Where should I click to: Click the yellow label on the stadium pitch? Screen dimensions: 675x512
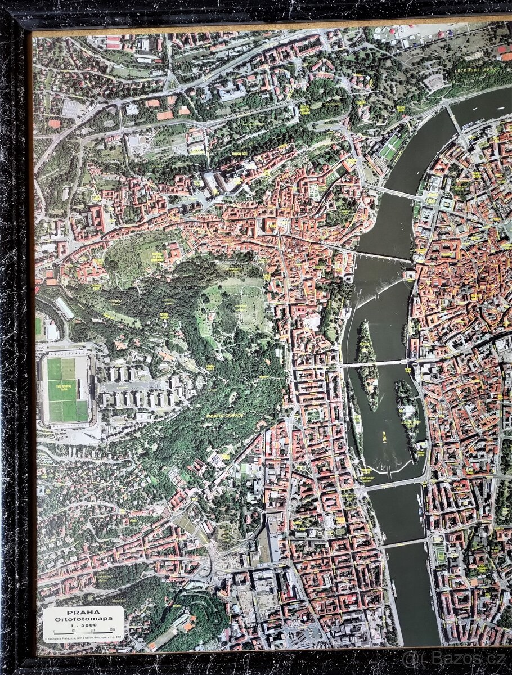tap(68, 385)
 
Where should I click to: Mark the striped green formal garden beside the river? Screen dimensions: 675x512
tap(390, 147)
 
